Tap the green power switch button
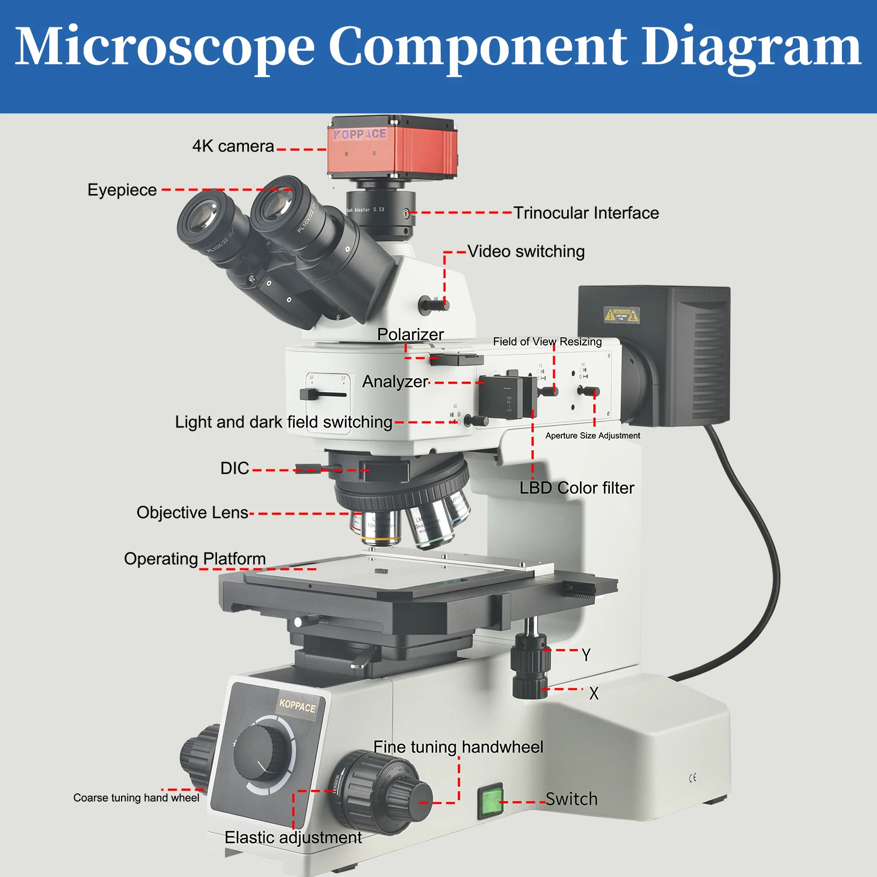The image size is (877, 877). click(491, 801)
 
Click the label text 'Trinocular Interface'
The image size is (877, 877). click(586, 213)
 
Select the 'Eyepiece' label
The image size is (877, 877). click(122, 190)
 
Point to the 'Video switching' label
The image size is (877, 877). click(526, 251)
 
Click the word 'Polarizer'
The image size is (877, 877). click(410, 334)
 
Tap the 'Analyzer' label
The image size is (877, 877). click(395, 382)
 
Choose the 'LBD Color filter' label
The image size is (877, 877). click(576, 488)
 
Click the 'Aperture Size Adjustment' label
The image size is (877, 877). click(592, 436)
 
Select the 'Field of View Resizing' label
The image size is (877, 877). click(547, 341)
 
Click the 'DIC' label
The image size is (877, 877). click(234, 468)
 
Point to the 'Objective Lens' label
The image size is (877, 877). click(192, 513)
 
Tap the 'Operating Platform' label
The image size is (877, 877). click(195, 559)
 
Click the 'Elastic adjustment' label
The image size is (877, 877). click(293, 837)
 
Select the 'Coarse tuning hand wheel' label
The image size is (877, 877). click(136, 798)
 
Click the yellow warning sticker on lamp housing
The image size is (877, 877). click(622, 315)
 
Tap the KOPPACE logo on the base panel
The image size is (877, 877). click(297, 706)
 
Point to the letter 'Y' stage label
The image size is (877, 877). click(586, 655)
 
